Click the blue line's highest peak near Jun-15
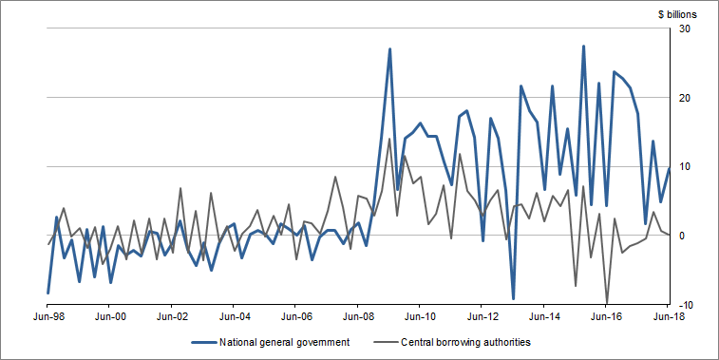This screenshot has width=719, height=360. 583,47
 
